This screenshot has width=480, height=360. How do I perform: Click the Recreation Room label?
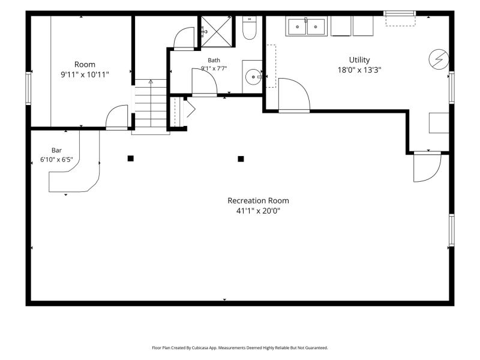258,200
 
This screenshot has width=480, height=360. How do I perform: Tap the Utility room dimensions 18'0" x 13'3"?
359,70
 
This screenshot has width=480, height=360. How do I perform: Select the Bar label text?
56,151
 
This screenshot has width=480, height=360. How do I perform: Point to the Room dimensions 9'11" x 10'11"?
85,74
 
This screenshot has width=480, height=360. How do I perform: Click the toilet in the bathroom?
249,28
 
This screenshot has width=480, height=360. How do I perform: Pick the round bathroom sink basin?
253,77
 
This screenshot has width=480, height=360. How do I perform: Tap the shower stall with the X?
217,31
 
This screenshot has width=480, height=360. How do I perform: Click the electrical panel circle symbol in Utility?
439,59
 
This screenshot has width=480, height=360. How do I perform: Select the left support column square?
130,158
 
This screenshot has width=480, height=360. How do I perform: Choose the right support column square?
241,158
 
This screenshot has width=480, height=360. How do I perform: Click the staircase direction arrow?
151,82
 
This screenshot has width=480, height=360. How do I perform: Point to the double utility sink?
306,26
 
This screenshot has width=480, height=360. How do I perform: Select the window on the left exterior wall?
28,88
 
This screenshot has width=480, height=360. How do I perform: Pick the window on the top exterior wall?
400,13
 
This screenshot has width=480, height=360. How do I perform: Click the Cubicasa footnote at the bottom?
239,348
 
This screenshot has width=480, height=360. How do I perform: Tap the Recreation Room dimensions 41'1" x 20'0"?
258,211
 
